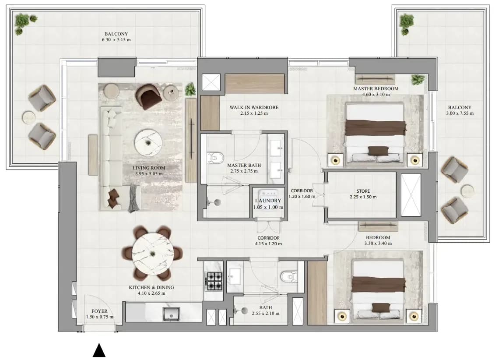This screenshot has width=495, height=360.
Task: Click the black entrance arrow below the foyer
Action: tap(99, 350)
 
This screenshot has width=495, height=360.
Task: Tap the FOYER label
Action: tap(99, 311)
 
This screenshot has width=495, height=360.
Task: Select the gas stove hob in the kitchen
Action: tap(214, 281)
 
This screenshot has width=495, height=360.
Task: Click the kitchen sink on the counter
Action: tap(171, 314)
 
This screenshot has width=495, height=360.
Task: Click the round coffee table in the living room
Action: tap(148, 143)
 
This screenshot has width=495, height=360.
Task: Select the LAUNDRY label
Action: tap(268, 201)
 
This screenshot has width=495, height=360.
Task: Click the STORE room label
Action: tap(363, 191)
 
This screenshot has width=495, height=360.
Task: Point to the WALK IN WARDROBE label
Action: tap(254, 107)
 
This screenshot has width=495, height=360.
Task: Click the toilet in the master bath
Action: tap(215, 157)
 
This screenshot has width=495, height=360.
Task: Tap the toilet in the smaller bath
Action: tap(289, 276)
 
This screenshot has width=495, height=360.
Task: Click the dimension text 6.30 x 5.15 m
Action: tap(116, 40)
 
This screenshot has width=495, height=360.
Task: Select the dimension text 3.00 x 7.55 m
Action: tap(460, 113)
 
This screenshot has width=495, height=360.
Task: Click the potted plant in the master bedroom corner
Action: tap(418, 80)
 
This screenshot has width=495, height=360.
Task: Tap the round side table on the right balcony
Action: tap(467, 191)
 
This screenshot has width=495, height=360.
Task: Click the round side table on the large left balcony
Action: tap(29, 117)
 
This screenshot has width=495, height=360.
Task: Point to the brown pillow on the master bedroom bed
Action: tap(375, 151)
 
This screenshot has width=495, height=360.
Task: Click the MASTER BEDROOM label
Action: tap(376, 89)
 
